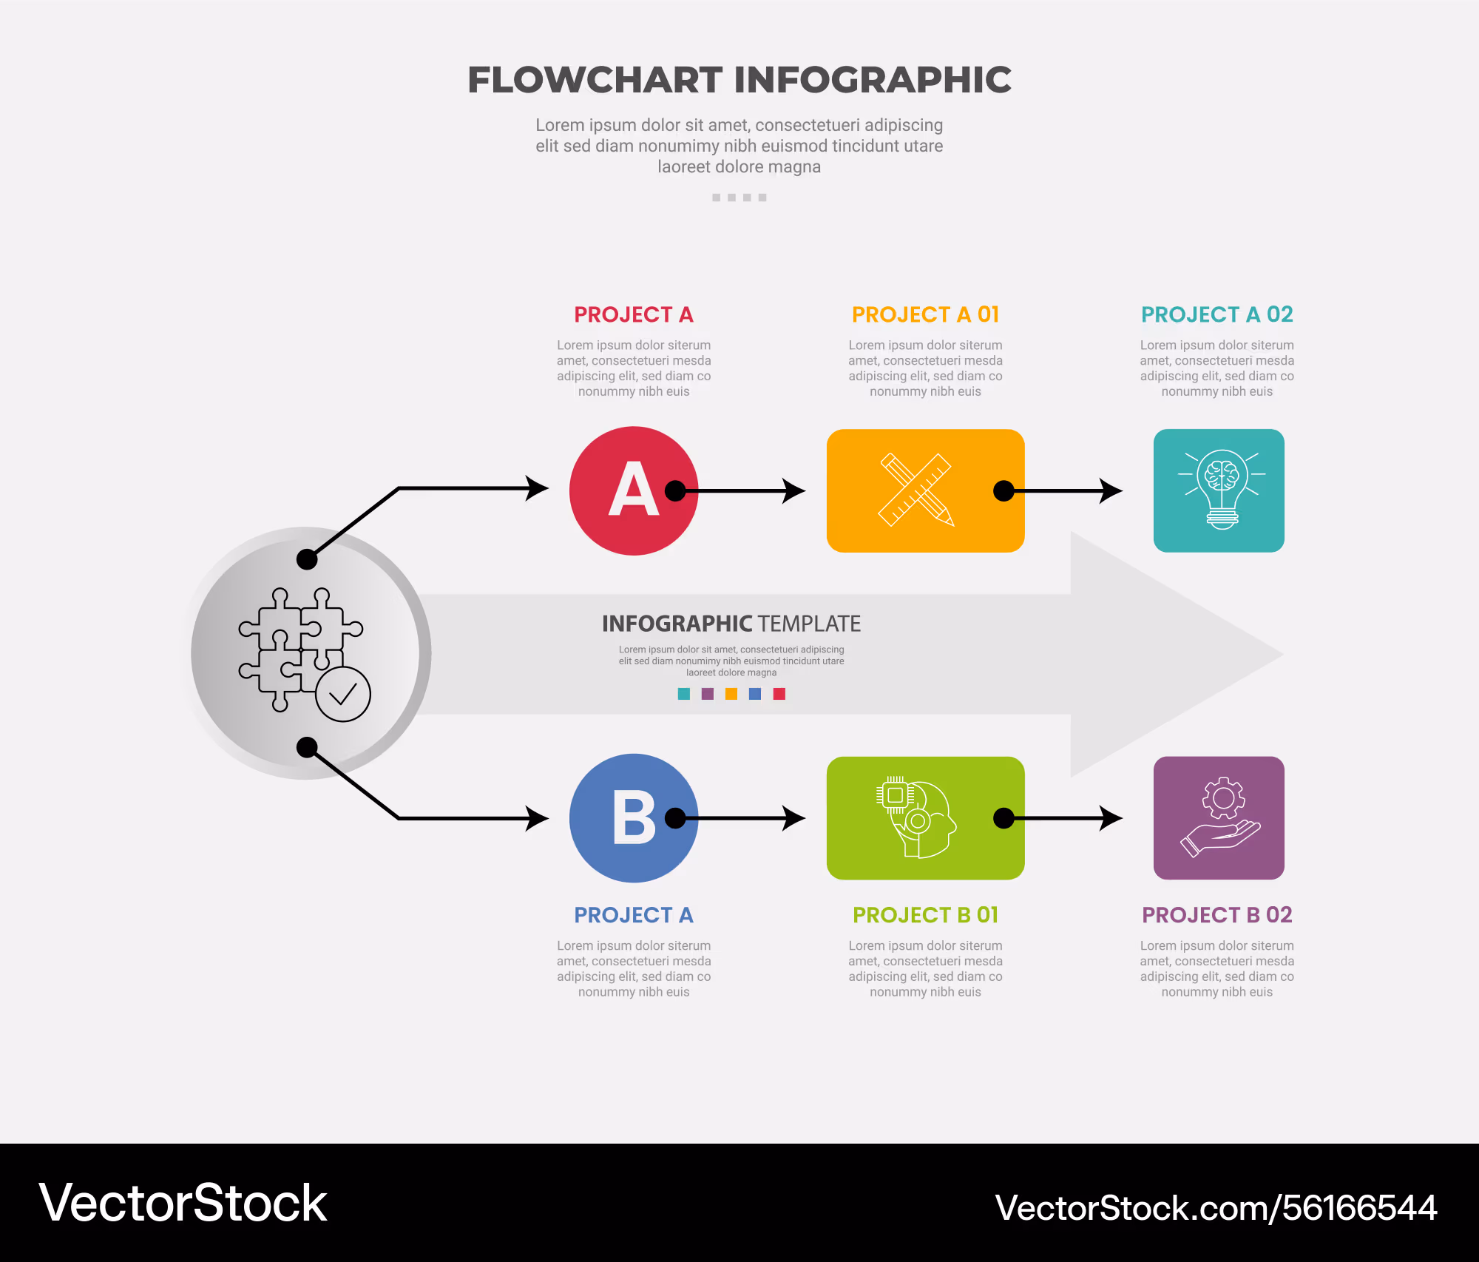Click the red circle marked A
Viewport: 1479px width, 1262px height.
coord(634,490)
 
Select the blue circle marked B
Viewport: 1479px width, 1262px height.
coord(634,818)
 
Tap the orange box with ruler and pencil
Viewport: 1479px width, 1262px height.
coord(925,490)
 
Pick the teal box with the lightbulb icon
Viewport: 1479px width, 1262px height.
coord(1219,490)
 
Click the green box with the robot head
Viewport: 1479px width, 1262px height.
coord(925,818)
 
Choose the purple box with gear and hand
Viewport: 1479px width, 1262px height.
coord(1219,818)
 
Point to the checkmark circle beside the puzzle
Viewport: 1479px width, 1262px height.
coord(343,694)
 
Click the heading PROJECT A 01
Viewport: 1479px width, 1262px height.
coord(925,314)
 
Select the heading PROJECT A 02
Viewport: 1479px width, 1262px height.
coord(1217,314)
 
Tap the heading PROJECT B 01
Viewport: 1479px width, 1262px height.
coord(925,915)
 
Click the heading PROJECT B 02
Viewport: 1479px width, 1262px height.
coord(1217,915)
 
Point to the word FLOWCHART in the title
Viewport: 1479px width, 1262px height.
coord(595,80)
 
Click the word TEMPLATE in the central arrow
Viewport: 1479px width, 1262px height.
coord(810,624)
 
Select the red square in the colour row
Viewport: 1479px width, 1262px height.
coord(779,694)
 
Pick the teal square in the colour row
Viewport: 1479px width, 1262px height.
coord(684,694)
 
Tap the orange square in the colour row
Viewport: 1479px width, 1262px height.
coord(731,694)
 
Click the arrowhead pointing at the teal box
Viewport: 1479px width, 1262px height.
coord(1111,490)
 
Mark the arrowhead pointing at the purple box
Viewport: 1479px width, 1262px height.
coord(1111,818)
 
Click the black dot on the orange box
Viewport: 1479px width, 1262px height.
coord(1004,490)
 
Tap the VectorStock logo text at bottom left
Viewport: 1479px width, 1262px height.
coord(183,1203)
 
